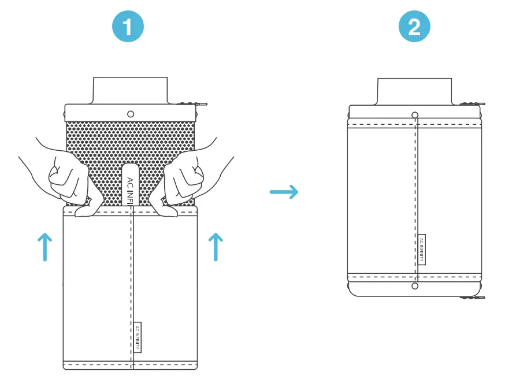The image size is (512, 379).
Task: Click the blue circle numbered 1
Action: [x=128, y=27]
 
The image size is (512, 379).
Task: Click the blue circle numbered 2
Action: [x=414, y=27]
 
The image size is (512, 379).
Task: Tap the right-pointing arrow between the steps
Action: [x=284, y=192]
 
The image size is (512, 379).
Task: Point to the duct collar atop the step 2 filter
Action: [x=414, y=91]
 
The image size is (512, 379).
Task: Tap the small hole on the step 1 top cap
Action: [x=131, y=114]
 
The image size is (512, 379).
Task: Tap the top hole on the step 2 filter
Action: [x=414, y=114]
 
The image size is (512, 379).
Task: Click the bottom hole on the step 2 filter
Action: [x=414, y=286]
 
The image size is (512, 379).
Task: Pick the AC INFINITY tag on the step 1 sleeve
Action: [x=137, y=337]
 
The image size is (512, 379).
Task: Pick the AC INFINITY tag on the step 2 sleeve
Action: [x=421, y=250]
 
